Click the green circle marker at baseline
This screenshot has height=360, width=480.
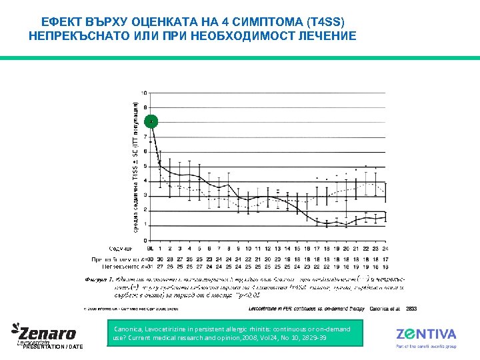[152, 121]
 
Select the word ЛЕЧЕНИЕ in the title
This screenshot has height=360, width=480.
[326, 35]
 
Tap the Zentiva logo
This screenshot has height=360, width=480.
[426, 334]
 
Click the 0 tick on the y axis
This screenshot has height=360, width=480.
[146, 240]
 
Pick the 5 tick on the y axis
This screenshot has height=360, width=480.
[146, 166]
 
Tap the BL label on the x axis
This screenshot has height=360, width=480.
[150, 249]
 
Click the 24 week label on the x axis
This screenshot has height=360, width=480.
[385, 249]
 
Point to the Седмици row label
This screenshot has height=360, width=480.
[121, 249]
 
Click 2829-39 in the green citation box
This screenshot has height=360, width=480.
[313, 339]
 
